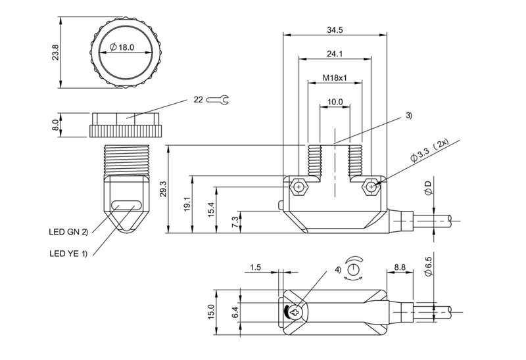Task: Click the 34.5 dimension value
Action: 335,30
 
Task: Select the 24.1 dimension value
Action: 335,55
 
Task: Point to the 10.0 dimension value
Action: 335,102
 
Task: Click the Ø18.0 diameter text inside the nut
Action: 123,47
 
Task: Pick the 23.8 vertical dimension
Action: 55,52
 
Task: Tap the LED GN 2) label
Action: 68,231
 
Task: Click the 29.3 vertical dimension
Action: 163,189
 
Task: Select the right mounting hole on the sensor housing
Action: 372,187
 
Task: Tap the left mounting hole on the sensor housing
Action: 299,187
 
